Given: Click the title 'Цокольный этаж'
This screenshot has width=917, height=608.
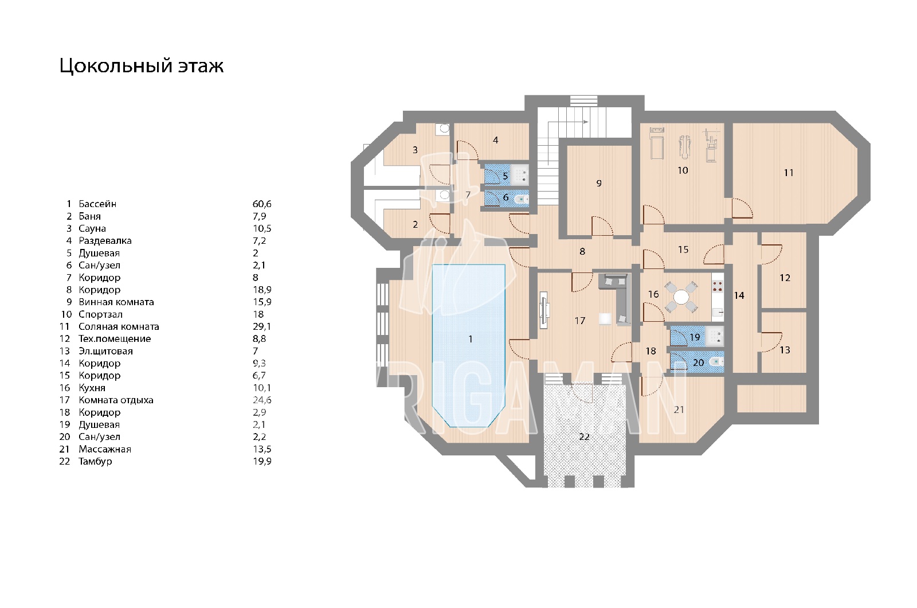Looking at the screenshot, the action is coord(141,66).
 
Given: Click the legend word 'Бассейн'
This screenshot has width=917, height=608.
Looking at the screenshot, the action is coord(97,204).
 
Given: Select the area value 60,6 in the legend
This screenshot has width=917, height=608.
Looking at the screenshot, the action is coord(262,204).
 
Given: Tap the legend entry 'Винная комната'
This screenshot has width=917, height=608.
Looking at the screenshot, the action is coord(116,302).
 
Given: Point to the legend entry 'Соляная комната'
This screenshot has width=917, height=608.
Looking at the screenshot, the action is coord(119,326).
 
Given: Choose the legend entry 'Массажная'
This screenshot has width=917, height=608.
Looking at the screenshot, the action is coord(105,449).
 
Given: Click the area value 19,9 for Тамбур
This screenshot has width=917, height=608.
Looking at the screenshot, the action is coord(262,461).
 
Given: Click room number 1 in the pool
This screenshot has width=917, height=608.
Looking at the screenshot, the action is coord(471,339).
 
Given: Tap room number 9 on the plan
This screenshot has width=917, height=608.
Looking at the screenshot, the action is coord(599,183).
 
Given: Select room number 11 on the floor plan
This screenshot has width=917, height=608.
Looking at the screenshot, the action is coord(789,173).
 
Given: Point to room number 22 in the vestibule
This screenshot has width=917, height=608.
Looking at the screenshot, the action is coord(584,436).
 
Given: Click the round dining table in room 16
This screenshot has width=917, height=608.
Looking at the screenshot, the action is coord(681,297).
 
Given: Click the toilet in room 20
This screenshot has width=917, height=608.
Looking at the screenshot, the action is coord(717,362).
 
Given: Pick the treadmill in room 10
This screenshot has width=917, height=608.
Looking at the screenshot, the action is coord(657,143).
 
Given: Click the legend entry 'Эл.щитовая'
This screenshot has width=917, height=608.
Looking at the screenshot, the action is coord(105,351).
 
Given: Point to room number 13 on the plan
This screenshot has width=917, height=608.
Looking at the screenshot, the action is coord(785,350).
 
